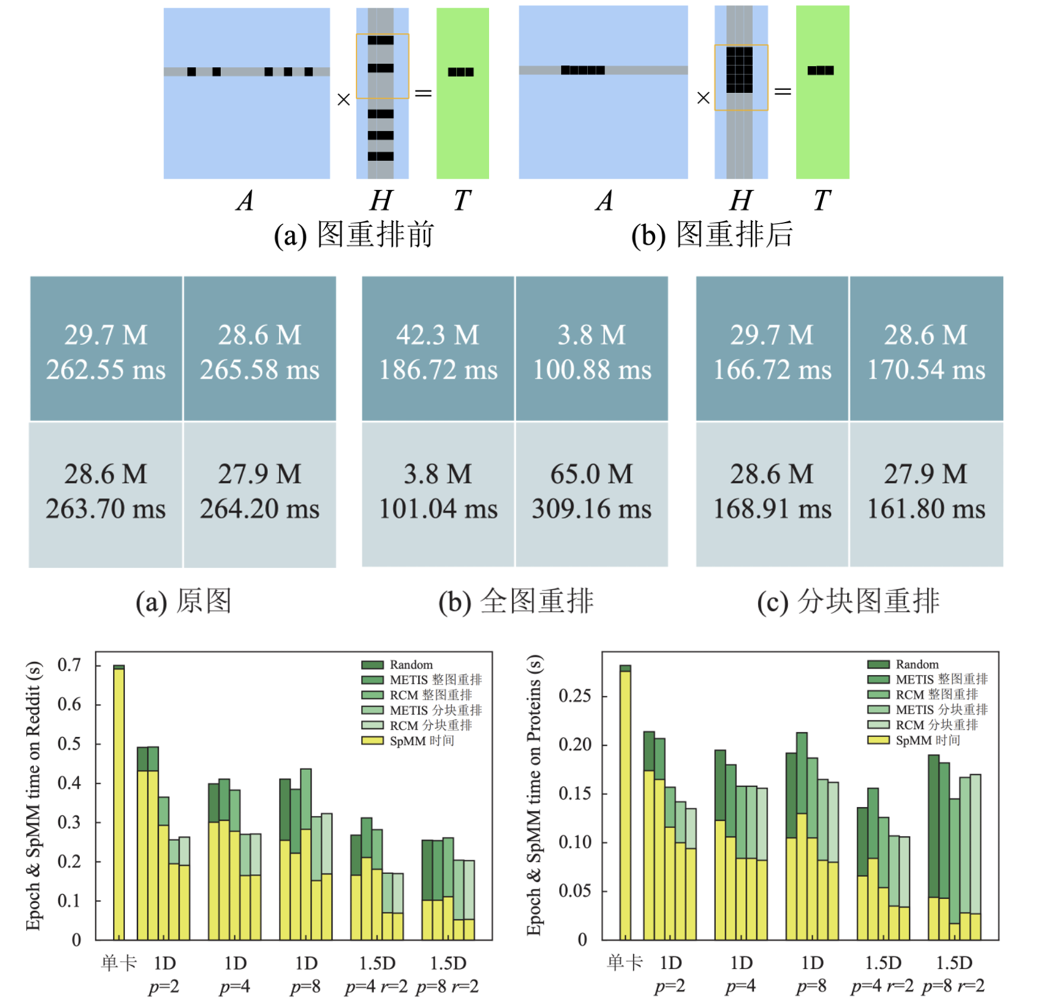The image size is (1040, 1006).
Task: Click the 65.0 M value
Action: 591,474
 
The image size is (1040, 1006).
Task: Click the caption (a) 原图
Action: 183,601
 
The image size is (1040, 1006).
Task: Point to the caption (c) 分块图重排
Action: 848,601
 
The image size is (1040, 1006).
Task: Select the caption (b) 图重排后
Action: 712,235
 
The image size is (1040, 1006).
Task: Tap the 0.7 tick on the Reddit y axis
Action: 69,665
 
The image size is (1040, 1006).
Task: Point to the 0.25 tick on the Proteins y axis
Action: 574,695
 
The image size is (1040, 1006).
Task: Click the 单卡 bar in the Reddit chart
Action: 119,804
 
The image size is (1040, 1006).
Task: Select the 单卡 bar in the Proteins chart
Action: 625,804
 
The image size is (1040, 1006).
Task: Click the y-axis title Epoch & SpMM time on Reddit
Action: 33,795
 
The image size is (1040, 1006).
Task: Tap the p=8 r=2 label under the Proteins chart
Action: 953,986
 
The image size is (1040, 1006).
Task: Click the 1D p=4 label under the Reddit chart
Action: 235,974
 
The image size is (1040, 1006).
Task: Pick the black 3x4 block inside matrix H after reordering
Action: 740,70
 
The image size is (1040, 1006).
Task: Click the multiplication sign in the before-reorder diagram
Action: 343,99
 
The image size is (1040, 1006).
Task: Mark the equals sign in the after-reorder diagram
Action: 782,91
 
